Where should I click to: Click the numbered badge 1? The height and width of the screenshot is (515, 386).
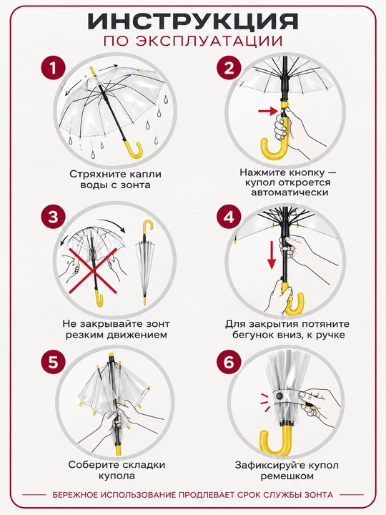(53, 69)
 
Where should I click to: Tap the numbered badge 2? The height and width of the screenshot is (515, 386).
(229, 69)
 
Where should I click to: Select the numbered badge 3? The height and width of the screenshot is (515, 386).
(53, 217)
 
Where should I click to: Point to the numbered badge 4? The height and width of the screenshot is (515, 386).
(229, 217)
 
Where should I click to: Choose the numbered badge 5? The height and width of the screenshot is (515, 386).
(53, 363)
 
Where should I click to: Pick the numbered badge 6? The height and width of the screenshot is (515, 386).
(229, 363)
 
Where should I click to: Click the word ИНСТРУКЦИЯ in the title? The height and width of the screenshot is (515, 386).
(193, 21)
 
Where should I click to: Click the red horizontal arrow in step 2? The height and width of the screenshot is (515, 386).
(268, 111)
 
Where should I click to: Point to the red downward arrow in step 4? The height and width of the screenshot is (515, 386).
(272, 255)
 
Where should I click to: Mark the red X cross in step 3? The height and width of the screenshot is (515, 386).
(93, 270)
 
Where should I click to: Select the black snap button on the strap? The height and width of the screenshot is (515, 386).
(279, 395)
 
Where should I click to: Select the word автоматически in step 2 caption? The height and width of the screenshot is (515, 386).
(289, 192)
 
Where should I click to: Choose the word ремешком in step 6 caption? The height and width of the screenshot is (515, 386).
(287, 476)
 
